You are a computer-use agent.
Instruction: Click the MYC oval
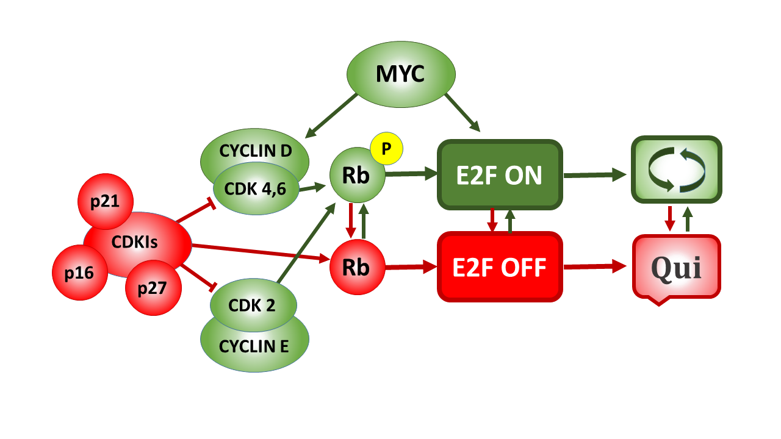click(x=401, y=74)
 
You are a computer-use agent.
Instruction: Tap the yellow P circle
click(x=386, y=149)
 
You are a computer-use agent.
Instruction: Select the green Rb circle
click(x=357, y=176)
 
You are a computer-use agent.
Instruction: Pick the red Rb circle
click(x=357, y=267)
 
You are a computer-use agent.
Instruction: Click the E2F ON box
click(x=499, y=175)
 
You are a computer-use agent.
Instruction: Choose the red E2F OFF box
click(x=499, y=266)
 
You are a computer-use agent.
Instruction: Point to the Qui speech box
click(x=676, y=267)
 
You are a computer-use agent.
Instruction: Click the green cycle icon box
click(x=676, y=170)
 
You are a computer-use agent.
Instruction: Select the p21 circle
click(x=105, y=202)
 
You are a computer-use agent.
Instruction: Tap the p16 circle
click(x=80, y=273)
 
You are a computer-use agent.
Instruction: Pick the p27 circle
click(x=153, y=288)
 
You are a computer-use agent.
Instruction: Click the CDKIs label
click(x=135, y=242)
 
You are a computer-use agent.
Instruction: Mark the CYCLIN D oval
click(x=255, y=149)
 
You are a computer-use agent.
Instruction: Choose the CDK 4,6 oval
click(x=256, y=188)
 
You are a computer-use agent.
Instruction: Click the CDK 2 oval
click(x=253, y=305)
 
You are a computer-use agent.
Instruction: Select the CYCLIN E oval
click(x=254, y=346)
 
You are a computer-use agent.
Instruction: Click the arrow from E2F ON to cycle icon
click(x=594, y=175)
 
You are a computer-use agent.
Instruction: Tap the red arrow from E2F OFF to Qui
click(x=594, y=266)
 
